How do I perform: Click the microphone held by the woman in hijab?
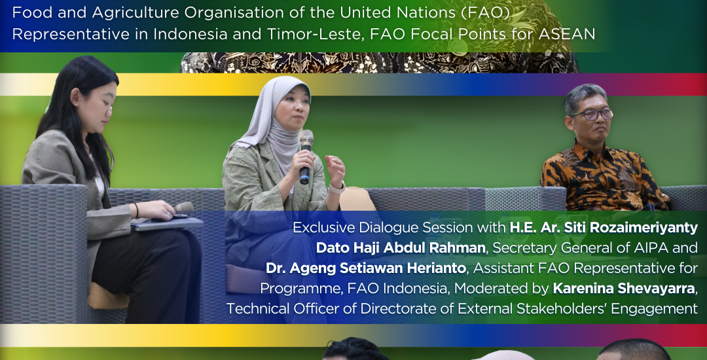(x=306, y=156)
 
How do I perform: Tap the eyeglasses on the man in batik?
(x=590, y=115)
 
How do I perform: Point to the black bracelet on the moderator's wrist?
(x=136, y=210)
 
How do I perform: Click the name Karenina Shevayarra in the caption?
(x=624, y=289)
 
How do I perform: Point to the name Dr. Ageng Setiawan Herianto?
(x=366, y=268)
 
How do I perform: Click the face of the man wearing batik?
(x=592, y=118)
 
